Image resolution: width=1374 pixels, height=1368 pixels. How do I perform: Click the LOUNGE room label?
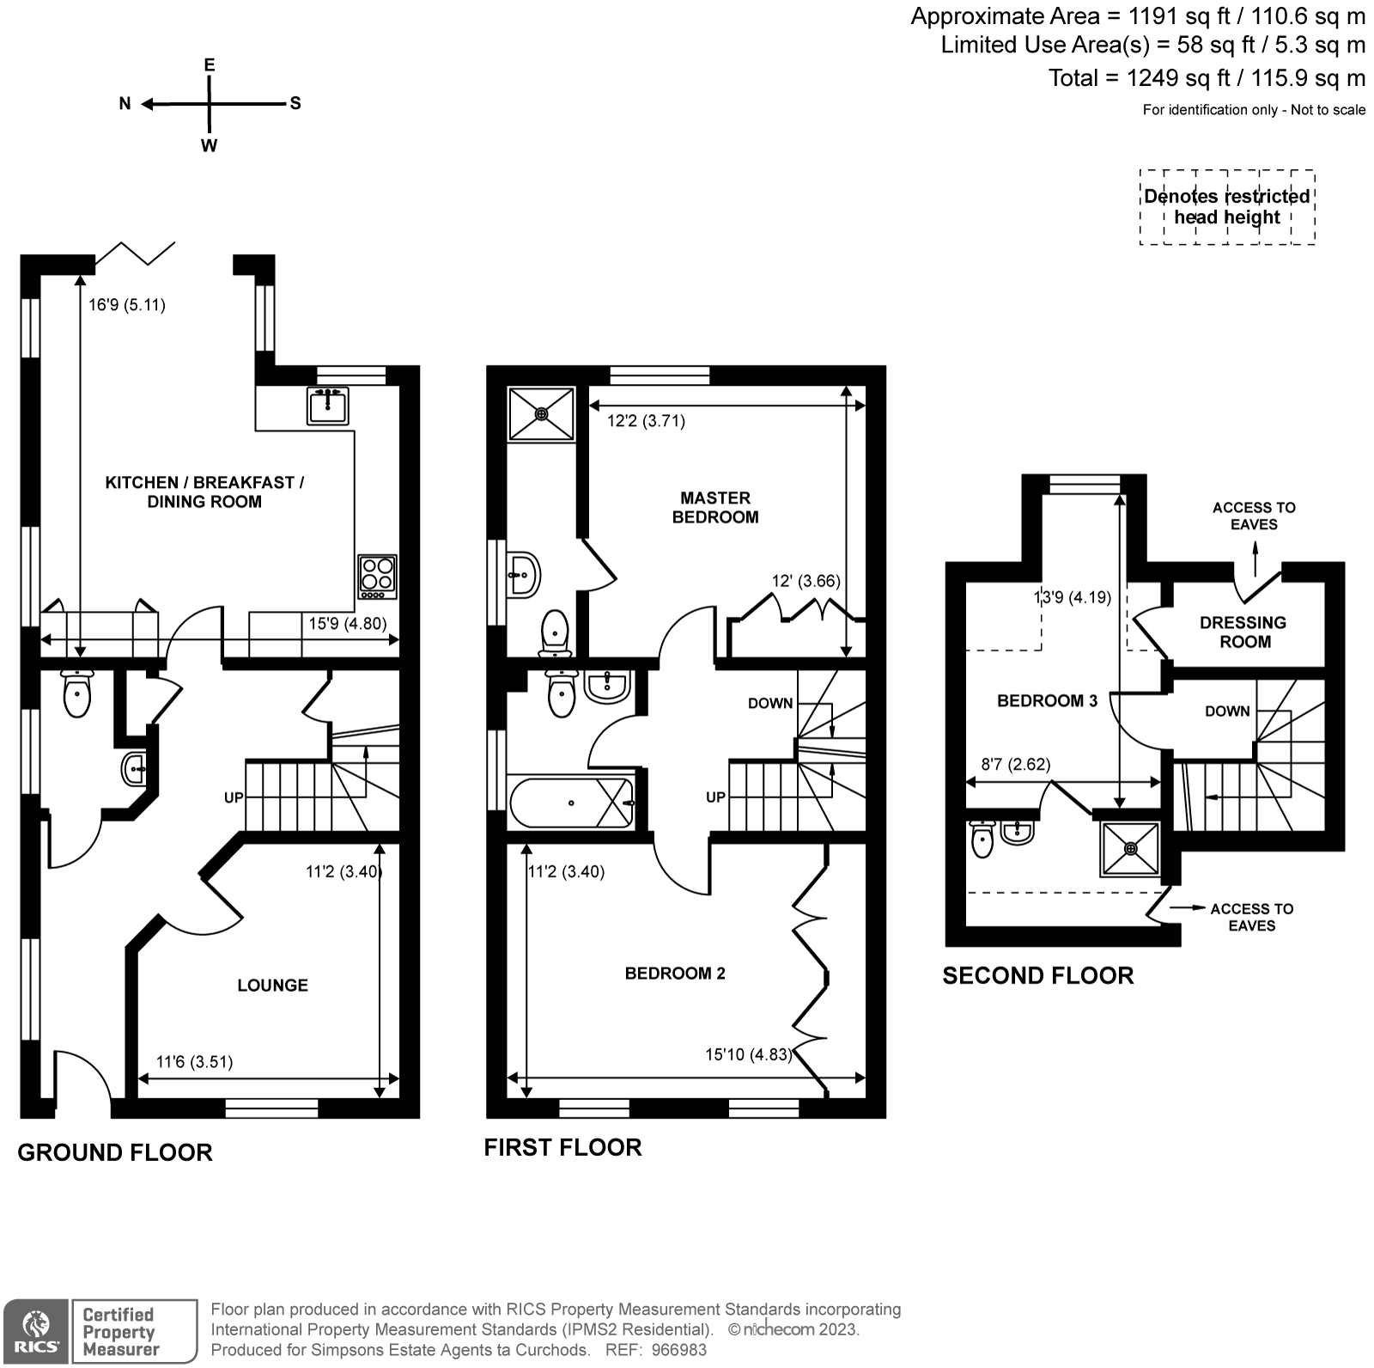272,985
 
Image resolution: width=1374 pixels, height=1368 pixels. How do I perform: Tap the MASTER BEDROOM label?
714,507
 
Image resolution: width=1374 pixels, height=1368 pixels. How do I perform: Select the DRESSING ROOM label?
1244,632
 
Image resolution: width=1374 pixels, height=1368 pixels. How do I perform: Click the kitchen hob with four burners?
378,577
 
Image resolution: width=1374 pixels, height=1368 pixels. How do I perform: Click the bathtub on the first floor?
571,803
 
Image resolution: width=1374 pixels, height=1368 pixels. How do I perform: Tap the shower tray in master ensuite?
541,413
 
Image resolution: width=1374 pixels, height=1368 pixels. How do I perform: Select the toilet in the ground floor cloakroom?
77,693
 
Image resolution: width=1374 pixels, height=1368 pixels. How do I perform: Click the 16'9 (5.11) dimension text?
127,304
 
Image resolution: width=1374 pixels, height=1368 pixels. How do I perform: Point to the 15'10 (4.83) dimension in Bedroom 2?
748,1053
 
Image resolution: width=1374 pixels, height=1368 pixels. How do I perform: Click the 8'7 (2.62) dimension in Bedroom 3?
1015,764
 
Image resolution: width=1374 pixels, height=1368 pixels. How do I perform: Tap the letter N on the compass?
125,104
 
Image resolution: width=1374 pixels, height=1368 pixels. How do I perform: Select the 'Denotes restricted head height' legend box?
1226,207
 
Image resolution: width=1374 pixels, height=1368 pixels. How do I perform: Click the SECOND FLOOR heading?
1037,975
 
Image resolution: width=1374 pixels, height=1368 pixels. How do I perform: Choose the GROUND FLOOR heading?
114,1152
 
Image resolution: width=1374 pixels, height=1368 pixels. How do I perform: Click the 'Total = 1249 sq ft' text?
1206,78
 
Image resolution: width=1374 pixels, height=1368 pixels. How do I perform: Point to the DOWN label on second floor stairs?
1226,711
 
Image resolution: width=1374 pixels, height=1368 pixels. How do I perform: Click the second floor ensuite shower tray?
1130,848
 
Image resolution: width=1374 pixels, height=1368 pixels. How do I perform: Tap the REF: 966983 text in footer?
656,1350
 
